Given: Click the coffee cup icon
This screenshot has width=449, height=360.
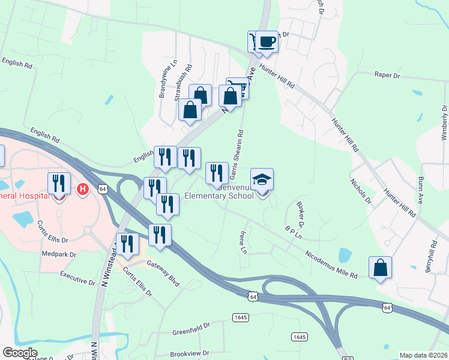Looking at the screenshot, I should [x=267, y=42].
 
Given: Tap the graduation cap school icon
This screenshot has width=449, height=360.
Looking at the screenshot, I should [x=262, y=179].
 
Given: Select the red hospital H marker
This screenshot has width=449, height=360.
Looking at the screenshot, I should [x=83, y=190].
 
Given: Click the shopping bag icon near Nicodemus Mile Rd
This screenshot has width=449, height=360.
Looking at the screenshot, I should [x=381, y=268].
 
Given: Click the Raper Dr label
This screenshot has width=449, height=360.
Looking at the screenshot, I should [x=387, y=75].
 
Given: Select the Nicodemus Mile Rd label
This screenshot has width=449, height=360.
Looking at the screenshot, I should [x=331, y=265].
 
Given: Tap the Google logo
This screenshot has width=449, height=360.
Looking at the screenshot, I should [x=20, y=353].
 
